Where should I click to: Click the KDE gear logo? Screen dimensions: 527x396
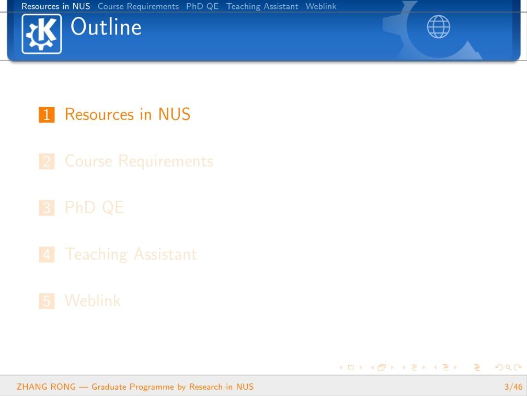(42, 34)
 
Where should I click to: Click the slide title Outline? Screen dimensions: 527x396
(106, 27)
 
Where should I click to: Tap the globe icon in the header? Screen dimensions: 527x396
(438, 27)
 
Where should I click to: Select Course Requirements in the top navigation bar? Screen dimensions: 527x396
(138, 6)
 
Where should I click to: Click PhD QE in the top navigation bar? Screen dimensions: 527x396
(202, 6)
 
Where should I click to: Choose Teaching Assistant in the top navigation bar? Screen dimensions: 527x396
(262, 6)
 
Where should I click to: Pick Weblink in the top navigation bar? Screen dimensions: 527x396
(321, 6)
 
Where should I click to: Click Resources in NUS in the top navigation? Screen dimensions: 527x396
(56, 6)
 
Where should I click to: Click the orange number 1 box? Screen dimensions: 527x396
(47, 115)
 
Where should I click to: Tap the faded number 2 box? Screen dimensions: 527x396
(47, 161)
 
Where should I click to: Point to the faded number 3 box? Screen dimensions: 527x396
(47, 207)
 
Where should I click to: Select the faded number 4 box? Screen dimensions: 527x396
(47, 254)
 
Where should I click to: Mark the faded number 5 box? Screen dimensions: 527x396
(47, 301)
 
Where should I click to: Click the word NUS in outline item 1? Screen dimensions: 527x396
(174, 114)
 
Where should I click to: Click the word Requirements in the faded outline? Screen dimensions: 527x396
(166, 161)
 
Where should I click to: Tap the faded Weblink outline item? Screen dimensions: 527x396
(93, 300)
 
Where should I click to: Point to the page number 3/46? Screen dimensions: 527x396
(513, 387)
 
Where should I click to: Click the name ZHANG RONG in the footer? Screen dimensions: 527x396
(47, 387)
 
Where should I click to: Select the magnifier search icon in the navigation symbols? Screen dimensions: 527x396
(508, 367)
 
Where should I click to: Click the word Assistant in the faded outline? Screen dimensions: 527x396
(165, 254)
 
